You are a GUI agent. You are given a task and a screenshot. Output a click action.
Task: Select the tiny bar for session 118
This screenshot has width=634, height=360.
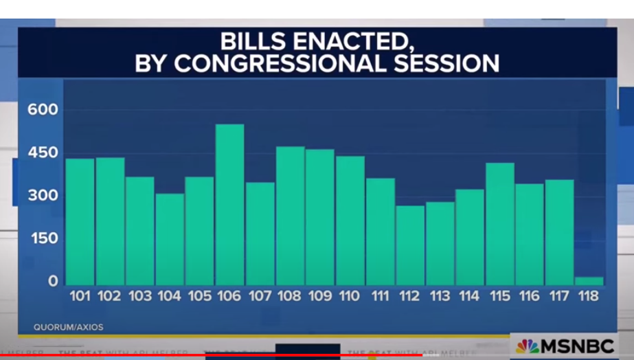coord(589,281)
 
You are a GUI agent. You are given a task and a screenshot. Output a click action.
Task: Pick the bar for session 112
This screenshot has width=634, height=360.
coord(409,245)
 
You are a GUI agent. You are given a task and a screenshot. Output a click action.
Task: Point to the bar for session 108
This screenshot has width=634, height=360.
coord(290,216)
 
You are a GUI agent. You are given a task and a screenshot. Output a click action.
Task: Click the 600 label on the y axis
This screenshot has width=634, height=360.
coord(43,110)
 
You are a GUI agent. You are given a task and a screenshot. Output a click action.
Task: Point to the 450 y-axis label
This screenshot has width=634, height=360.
coord(43,153)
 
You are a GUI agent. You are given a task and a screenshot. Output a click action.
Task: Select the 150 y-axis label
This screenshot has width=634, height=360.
coord(43,239)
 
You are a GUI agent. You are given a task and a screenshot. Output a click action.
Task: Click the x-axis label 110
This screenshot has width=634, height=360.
coord(350,296)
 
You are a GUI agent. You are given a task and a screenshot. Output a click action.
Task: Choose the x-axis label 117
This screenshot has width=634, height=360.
coord(559,296)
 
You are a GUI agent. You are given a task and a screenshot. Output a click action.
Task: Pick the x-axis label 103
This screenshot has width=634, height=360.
coord(139,296)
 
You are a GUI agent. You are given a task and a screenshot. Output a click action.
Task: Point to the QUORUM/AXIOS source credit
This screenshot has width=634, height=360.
coord(69,327)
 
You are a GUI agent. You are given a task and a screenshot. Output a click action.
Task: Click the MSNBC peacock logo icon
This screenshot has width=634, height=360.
coord(528,346)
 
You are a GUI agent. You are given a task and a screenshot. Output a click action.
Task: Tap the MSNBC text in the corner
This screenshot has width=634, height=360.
coord(576,346)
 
